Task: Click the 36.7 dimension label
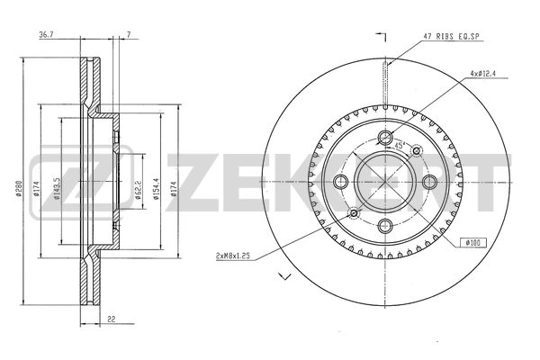point(47,35)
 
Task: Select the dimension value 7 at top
point(129,35)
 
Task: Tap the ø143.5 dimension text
point(58,188)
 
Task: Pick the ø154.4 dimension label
point(156,190)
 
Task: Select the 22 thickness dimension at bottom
point(111,319)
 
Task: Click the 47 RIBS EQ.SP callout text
point(451,37)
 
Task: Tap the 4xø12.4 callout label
point(483,74)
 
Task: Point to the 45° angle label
point(399,145)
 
